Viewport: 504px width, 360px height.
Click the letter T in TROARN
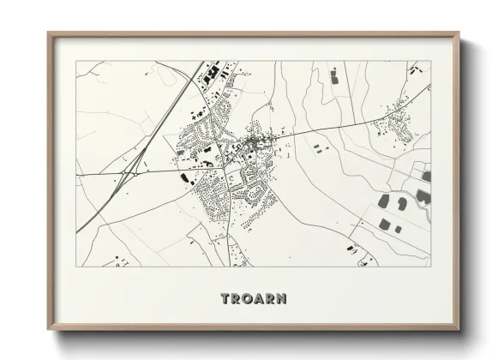coord(225,299)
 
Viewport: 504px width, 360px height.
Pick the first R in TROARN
coord(236,299)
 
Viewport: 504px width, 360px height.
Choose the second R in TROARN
coord(269,299)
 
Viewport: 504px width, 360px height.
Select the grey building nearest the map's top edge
coord(333,75)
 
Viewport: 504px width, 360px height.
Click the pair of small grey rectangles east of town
coord(321,149)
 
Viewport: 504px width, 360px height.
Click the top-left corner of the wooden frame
coord(48,33)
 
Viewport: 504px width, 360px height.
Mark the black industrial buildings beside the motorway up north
coord(210,72)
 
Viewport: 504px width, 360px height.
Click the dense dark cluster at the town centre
coord(254,141)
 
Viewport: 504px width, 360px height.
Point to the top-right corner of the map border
coord(429,62)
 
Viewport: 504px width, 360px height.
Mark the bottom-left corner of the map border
coord(75,267)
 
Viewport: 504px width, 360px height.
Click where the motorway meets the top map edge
coord(203,62)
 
